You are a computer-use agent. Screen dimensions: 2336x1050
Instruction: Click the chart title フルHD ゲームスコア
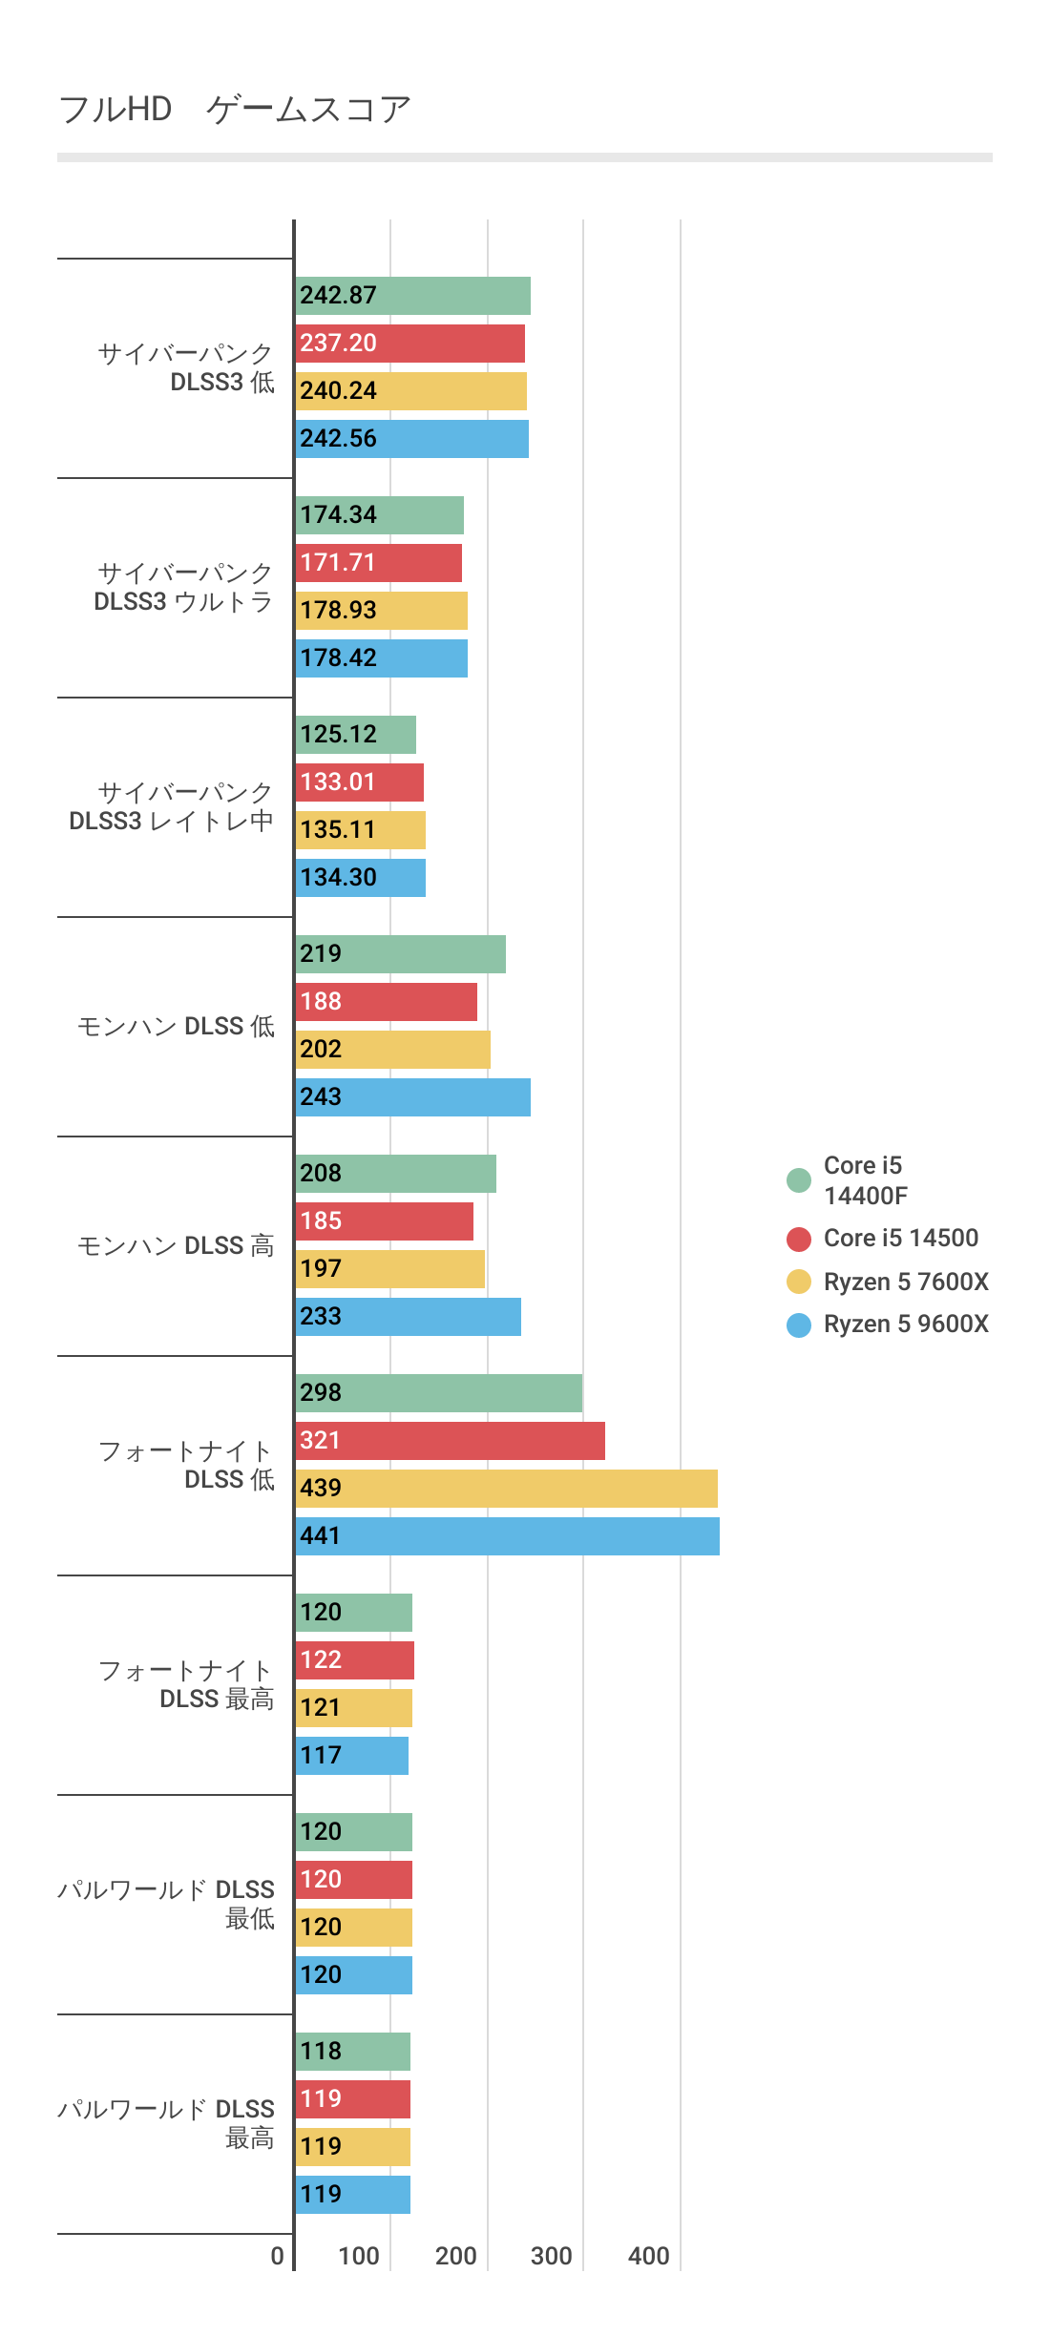point(235,110)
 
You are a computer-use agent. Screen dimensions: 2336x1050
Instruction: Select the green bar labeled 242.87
point(412,296)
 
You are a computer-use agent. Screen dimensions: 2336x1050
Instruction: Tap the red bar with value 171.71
point(378,563)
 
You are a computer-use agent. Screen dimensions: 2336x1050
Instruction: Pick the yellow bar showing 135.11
point(360,830)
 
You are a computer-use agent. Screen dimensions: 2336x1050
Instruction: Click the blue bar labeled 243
point(412,1097)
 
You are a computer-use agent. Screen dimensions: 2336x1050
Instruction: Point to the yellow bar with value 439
point(506,1489)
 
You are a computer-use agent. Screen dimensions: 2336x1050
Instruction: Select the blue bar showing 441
point(507,1536)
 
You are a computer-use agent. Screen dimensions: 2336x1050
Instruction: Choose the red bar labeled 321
point(450,1441)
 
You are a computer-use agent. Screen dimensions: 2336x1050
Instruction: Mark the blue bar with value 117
point(351,1756)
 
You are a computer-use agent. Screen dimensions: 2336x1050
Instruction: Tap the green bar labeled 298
point(438,1393)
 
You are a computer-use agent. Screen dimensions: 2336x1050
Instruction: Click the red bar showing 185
point(384,1221)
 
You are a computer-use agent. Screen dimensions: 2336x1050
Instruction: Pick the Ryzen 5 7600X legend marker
point(799,1282)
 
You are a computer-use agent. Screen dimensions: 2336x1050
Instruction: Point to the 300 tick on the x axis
point(552,2256)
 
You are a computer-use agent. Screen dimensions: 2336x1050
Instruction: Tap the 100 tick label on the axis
point(359,2256)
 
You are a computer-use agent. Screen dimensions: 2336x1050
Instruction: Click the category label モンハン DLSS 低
point(176,1027)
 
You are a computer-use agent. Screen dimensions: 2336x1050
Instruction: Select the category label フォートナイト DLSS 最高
point(186,1685)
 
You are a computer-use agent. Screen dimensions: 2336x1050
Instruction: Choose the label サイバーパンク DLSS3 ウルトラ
point(183,588)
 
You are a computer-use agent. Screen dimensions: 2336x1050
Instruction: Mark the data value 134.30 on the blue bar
point(338,878)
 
